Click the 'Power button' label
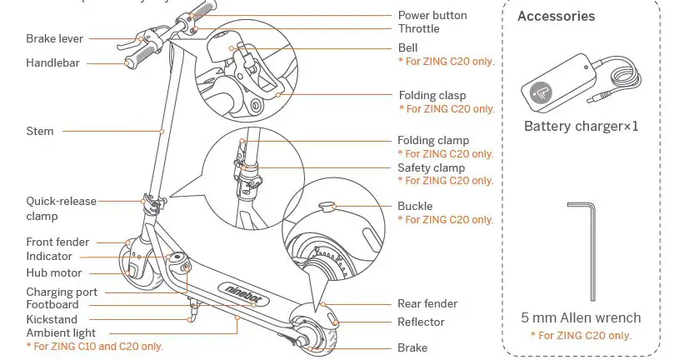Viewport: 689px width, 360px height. click(432, 15)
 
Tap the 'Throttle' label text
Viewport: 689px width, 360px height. click(418, 28)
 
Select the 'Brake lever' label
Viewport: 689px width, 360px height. click(54, 38)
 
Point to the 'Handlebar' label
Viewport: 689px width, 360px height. click(52, 62)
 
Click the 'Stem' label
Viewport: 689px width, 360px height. click(39, 131)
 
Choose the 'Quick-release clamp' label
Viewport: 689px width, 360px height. click(61, 208)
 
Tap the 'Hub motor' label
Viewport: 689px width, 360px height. click(54, 272)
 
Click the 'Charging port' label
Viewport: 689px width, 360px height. click(62, 292)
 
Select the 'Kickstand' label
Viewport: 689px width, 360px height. click(51, 319)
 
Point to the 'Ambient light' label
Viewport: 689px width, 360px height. click(61, 333)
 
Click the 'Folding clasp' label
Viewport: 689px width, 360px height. click(432, 96)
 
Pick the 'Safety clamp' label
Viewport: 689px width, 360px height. click(431, 167)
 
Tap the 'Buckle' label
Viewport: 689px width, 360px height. click(415, 206)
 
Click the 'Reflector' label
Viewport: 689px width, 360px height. click(421, 322)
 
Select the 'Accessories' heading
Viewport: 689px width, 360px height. click(556, 16)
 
